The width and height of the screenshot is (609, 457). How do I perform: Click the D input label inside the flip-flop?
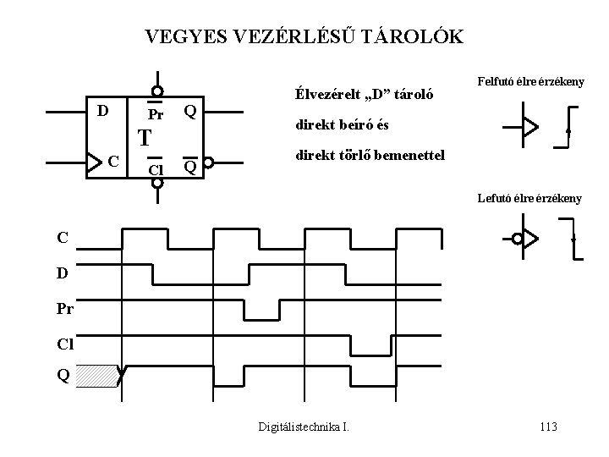(x=102, y=111)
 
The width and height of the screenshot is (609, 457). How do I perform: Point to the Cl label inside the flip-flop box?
(x=156, y=169)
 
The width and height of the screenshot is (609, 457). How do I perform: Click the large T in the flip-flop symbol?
(x=145, y=138)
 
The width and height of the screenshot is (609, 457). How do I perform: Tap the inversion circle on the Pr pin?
(x=157, y=92)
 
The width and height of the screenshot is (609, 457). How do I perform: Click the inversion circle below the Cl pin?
(x=157, y=182)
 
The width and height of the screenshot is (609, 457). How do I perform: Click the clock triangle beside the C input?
(x=95, y=161)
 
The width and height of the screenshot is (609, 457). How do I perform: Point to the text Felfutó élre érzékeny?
(x=531, y=82)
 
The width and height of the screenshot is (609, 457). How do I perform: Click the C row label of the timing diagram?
(x=63, y=239)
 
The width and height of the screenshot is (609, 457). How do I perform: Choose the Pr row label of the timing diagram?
(x=65, y=311)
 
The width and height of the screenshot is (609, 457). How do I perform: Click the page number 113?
(x=547, y=427)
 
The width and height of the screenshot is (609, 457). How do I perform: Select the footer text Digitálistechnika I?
(x=304, y=427)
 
